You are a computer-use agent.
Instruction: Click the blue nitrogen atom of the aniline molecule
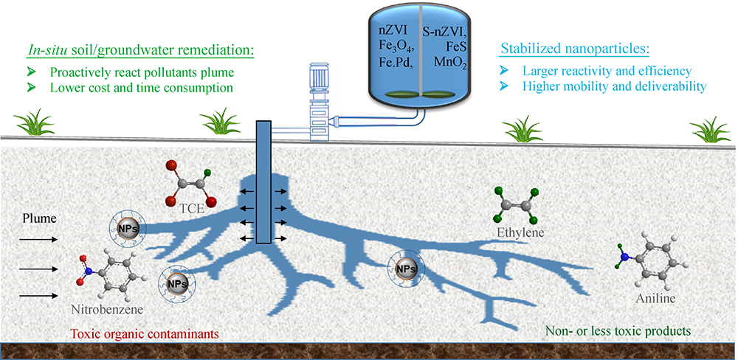point(624,257)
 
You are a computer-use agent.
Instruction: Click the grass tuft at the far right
point(710,126)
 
